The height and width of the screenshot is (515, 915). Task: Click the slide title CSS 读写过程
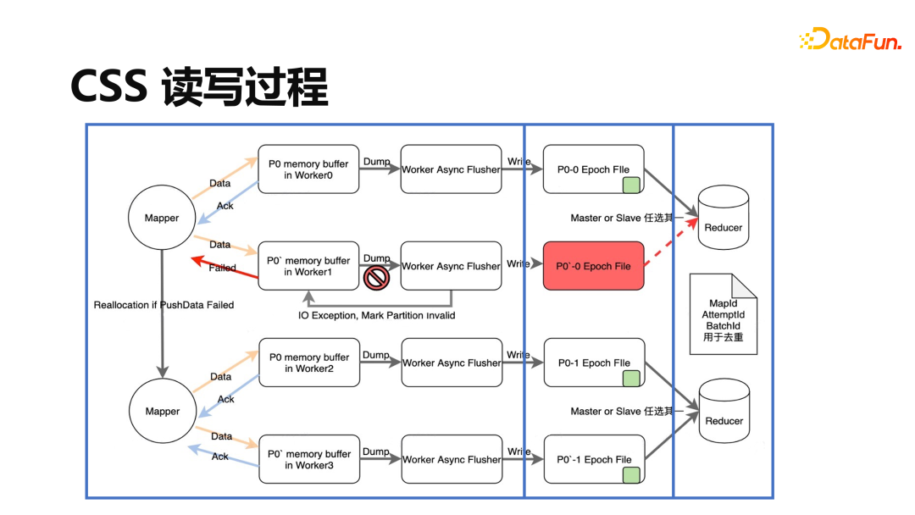199,86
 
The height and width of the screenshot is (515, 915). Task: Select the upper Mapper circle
162,218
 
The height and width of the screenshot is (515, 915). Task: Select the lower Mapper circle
162,411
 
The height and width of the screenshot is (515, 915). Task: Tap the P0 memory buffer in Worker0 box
308,169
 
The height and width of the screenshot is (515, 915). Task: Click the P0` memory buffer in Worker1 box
308,266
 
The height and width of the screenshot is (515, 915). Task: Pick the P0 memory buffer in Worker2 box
308,363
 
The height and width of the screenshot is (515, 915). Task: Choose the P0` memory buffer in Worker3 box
308,459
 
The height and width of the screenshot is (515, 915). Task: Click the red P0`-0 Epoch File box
593,266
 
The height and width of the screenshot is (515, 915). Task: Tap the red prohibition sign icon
376,277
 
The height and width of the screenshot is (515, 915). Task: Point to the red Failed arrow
224,266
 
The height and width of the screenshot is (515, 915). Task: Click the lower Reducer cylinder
724,411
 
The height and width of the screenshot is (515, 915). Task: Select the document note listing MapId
723,314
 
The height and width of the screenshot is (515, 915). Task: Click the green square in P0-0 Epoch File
630,186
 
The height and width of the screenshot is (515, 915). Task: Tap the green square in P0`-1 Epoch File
630,475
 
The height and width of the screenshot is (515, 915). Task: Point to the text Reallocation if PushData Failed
164,304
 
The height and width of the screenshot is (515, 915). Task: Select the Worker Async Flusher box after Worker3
452,459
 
